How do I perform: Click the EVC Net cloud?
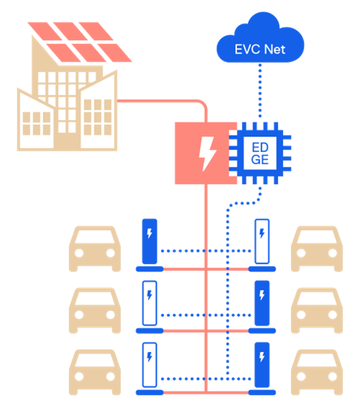(x=260, y=45)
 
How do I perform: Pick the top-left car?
(x=94, y=250)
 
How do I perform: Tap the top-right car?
(x=317, y=250)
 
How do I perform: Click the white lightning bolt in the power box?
(x=207, y=153)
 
